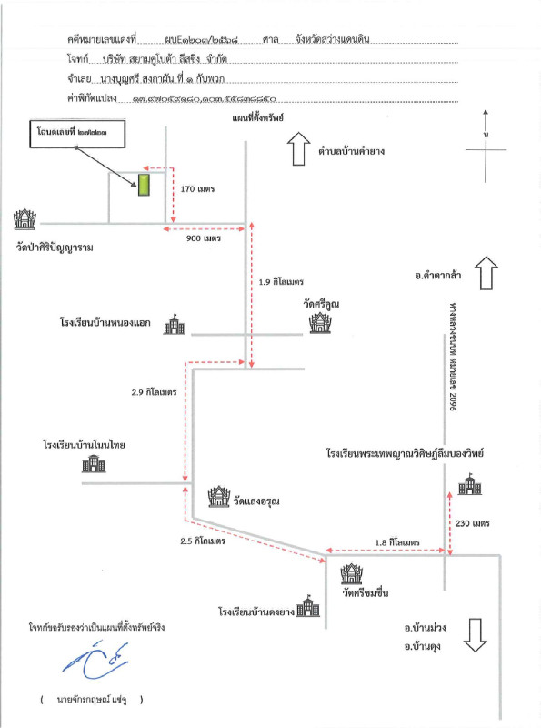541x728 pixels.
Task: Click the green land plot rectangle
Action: [143, 186]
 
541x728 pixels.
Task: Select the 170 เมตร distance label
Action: [198, 189]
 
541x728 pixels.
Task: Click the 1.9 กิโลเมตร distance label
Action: [281, 283]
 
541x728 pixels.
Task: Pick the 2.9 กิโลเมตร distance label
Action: [154, 392]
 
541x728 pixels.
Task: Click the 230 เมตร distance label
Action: [475, 523]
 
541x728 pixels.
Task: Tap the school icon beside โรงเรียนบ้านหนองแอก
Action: [174, 326]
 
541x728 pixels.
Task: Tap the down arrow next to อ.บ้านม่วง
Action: [475, 633]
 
